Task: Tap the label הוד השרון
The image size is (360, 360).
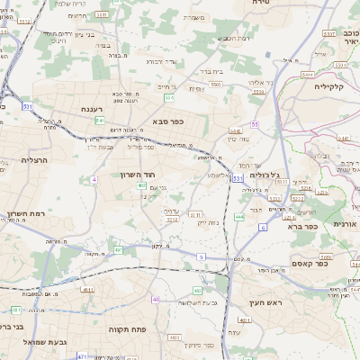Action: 138,175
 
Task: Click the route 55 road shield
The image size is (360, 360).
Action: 256,124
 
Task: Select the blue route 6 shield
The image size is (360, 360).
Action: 263,229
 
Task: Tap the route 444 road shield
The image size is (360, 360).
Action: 238,217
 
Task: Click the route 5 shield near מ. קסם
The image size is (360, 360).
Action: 201,257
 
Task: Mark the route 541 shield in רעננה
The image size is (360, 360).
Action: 100,120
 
